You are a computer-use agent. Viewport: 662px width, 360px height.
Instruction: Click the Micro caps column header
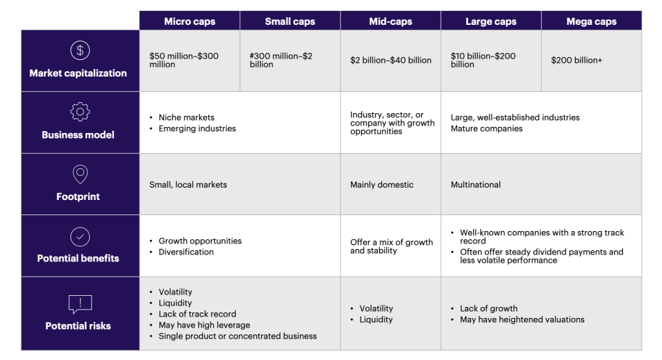click(190, 21)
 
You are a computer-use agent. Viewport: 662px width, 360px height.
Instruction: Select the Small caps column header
click(290, 21)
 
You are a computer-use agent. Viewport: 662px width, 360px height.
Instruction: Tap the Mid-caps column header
click(390, 21)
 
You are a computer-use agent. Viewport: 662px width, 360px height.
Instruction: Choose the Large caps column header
click(491, 21)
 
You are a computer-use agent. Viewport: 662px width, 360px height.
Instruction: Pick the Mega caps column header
click(592, 21)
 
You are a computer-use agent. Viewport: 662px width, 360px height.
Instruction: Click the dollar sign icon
click(80, 51)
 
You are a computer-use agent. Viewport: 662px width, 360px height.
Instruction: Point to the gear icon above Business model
click(80, 112)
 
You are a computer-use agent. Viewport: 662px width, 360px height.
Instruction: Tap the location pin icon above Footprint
click(80, 174)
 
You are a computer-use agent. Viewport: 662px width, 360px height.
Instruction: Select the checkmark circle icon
click(80, 236)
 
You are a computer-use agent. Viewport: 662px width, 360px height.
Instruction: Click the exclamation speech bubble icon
click(80, 303)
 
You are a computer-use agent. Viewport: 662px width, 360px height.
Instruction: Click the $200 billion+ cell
click(576, 61)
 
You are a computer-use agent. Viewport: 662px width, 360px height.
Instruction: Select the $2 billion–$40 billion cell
click(390, 61)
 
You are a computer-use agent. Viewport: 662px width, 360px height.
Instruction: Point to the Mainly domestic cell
click(381, 185)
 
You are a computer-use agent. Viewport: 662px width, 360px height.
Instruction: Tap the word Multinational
click(476, 185)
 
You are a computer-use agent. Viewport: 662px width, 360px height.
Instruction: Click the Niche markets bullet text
click(186, 118)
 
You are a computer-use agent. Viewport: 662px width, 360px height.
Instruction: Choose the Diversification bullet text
click(186, 252)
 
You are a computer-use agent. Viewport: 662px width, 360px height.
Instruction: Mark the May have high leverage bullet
click(204, 326)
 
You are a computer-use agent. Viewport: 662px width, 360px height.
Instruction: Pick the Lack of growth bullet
click(488, 309)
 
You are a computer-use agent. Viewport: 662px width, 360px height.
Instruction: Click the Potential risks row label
click(78, 326)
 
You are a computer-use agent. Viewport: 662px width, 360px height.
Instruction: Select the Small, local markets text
click(188, 185)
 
